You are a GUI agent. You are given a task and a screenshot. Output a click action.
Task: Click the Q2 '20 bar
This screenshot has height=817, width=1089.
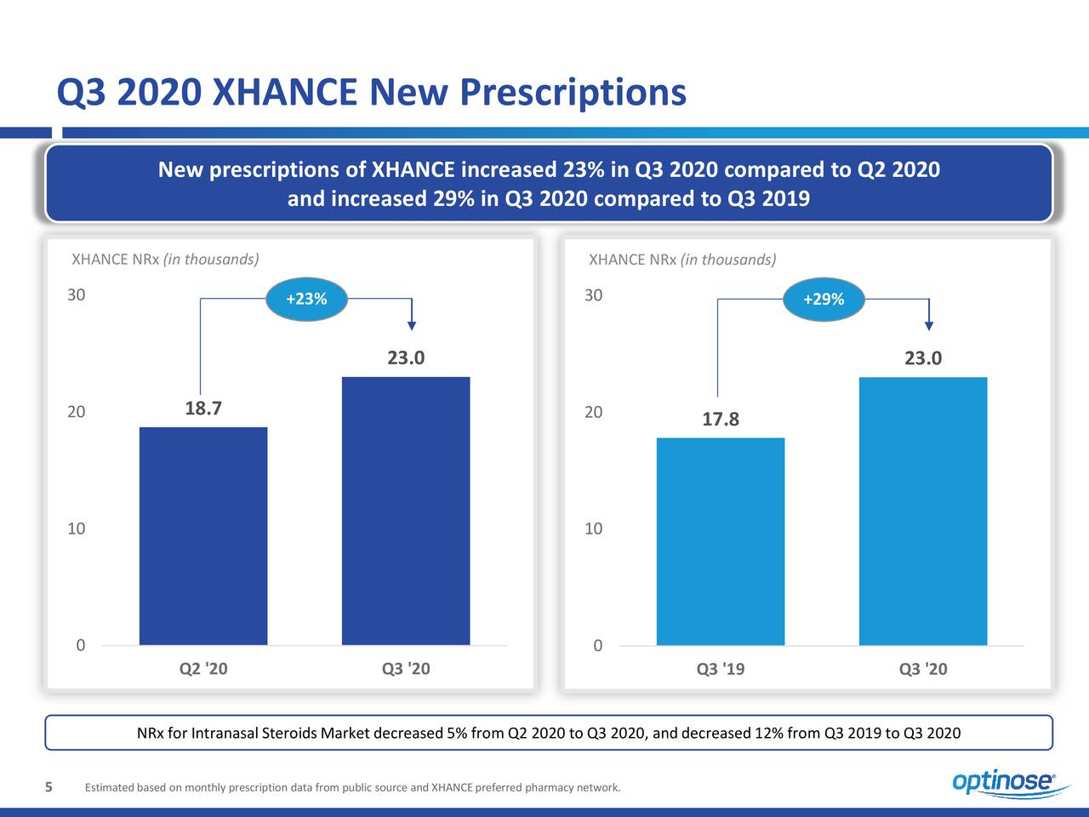(x=203, y=535)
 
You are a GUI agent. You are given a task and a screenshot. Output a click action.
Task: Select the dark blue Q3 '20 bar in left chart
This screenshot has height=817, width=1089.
(x=406, y=511)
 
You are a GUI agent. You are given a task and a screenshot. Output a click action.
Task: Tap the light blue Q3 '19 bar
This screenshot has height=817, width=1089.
(x=721, y=541)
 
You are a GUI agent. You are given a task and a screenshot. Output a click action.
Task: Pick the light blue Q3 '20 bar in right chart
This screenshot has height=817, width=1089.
(x=923, y=511)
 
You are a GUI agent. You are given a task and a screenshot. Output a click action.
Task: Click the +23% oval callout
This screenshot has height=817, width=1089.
(x=306, y=299)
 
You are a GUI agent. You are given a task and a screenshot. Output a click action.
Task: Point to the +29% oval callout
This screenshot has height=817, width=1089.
(x=824, y=299)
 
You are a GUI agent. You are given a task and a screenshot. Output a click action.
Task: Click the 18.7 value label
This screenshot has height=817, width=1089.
(x=203, y=408)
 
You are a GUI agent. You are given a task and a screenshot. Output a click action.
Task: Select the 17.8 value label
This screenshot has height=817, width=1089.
(x=721, y=420)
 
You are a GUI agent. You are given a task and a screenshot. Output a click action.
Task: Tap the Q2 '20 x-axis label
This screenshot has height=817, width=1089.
(x=203, y=669)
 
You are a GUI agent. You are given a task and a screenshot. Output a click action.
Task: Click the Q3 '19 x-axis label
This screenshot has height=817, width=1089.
(x=721, y=669)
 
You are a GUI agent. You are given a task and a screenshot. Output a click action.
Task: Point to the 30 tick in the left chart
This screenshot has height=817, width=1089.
(x=77, y=295)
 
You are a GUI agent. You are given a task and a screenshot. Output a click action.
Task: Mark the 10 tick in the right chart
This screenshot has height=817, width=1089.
(x=594, y=528)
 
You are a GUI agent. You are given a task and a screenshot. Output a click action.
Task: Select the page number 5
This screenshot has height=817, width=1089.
(x=49, y=786)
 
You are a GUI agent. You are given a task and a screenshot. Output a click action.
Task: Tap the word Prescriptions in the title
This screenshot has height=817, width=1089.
(x=573, y=92)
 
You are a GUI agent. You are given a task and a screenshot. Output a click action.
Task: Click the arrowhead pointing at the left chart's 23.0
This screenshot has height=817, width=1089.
(x=412, y=324)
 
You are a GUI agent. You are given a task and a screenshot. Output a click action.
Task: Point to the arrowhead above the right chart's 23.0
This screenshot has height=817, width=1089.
(x=929, y=324)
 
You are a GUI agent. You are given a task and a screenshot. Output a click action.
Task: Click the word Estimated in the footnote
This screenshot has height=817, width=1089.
(x=106, y=787)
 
